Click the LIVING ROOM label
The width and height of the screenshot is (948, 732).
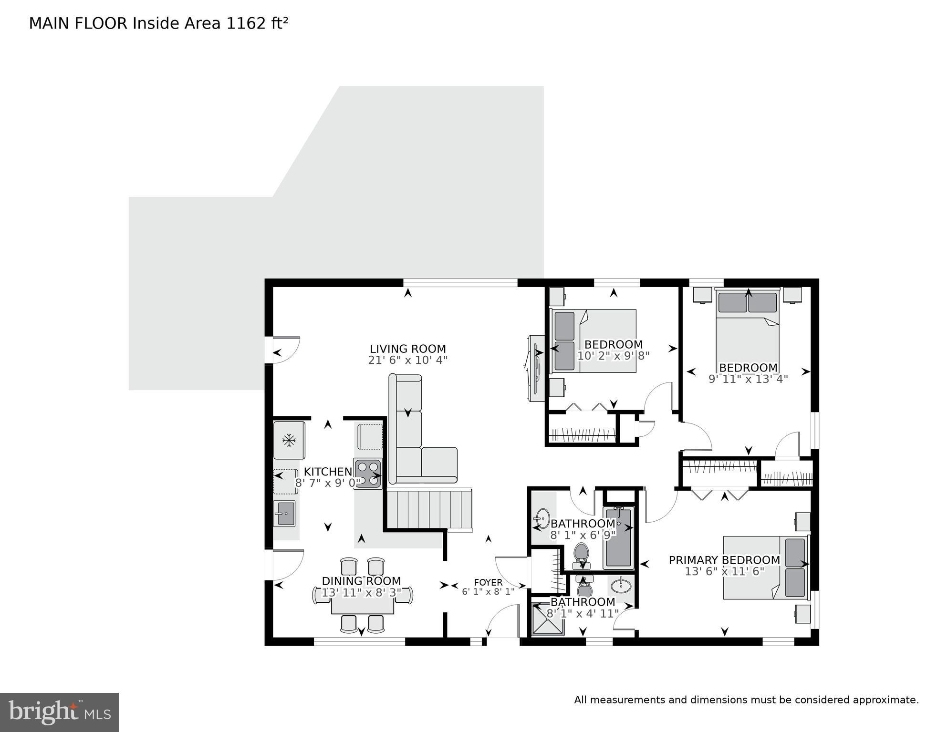pos(407,349)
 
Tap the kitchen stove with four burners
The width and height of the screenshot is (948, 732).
pos(367,473)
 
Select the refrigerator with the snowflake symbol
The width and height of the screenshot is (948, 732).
pos(289,440)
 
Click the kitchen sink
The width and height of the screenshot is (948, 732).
pos(285,514)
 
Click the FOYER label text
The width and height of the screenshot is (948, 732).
pos(488,582)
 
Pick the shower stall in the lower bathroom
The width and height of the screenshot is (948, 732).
pos(548,619)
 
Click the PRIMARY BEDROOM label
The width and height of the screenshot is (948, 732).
pos(724,560)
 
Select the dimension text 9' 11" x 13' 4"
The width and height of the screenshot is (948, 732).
pos(748,379)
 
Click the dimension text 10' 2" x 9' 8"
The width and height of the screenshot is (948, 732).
pos(613,356)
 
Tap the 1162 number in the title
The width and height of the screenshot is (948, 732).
pos(246,23)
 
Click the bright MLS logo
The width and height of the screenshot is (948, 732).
pos(59,712)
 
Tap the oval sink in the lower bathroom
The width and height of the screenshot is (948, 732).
pos(621,585)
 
